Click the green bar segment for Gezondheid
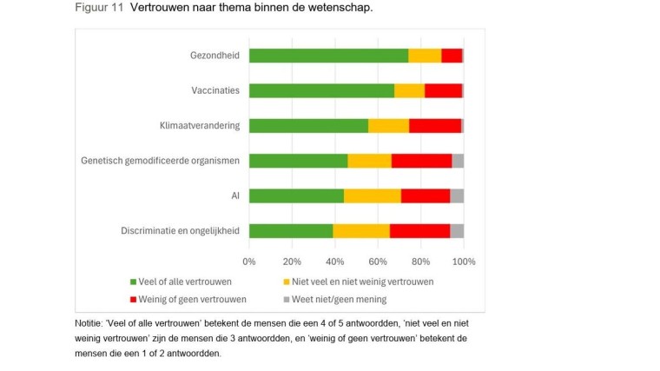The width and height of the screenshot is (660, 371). (328, 56)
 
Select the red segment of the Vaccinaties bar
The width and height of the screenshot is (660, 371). (443, 90)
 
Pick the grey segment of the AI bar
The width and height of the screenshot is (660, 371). (457, 195)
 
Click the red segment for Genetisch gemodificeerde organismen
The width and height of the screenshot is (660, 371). (421, 161)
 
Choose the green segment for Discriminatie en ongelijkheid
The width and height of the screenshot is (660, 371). (291, 230)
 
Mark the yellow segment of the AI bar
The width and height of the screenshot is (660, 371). (373, 195)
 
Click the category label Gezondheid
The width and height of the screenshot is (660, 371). (214, 56)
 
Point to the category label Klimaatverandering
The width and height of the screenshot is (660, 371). (200, 125)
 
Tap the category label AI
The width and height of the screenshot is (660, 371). (234, 195)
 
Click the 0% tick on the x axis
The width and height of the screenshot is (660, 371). (249, 261)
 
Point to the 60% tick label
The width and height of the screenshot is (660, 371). (378, 261)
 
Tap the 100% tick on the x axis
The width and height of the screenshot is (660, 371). (463, 261)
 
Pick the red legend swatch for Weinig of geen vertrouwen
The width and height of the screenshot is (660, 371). (133, 299)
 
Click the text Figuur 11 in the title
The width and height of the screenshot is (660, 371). (97, 8)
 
